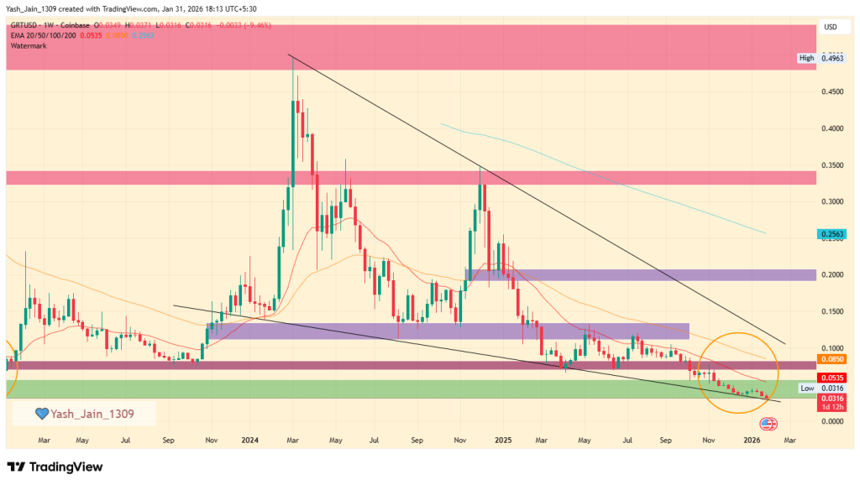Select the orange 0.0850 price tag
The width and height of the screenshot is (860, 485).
(x=831, y=359)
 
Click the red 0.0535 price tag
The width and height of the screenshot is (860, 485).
(x=831, y=378)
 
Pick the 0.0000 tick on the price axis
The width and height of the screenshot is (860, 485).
(x=831, y=420)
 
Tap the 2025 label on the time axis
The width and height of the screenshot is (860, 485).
(x=502, y=439)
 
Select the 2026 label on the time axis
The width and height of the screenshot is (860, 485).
(x=752, y=439)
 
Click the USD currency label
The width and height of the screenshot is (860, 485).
(x=831, y=28)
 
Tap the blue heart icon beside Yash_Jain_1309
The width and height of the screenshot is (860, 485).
(x=40, y=413)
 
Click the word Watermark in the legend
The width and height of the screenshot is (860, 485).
(x=29, y=45)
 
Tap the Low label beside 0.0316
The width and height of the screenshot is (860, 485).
(x=806, y=388)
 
